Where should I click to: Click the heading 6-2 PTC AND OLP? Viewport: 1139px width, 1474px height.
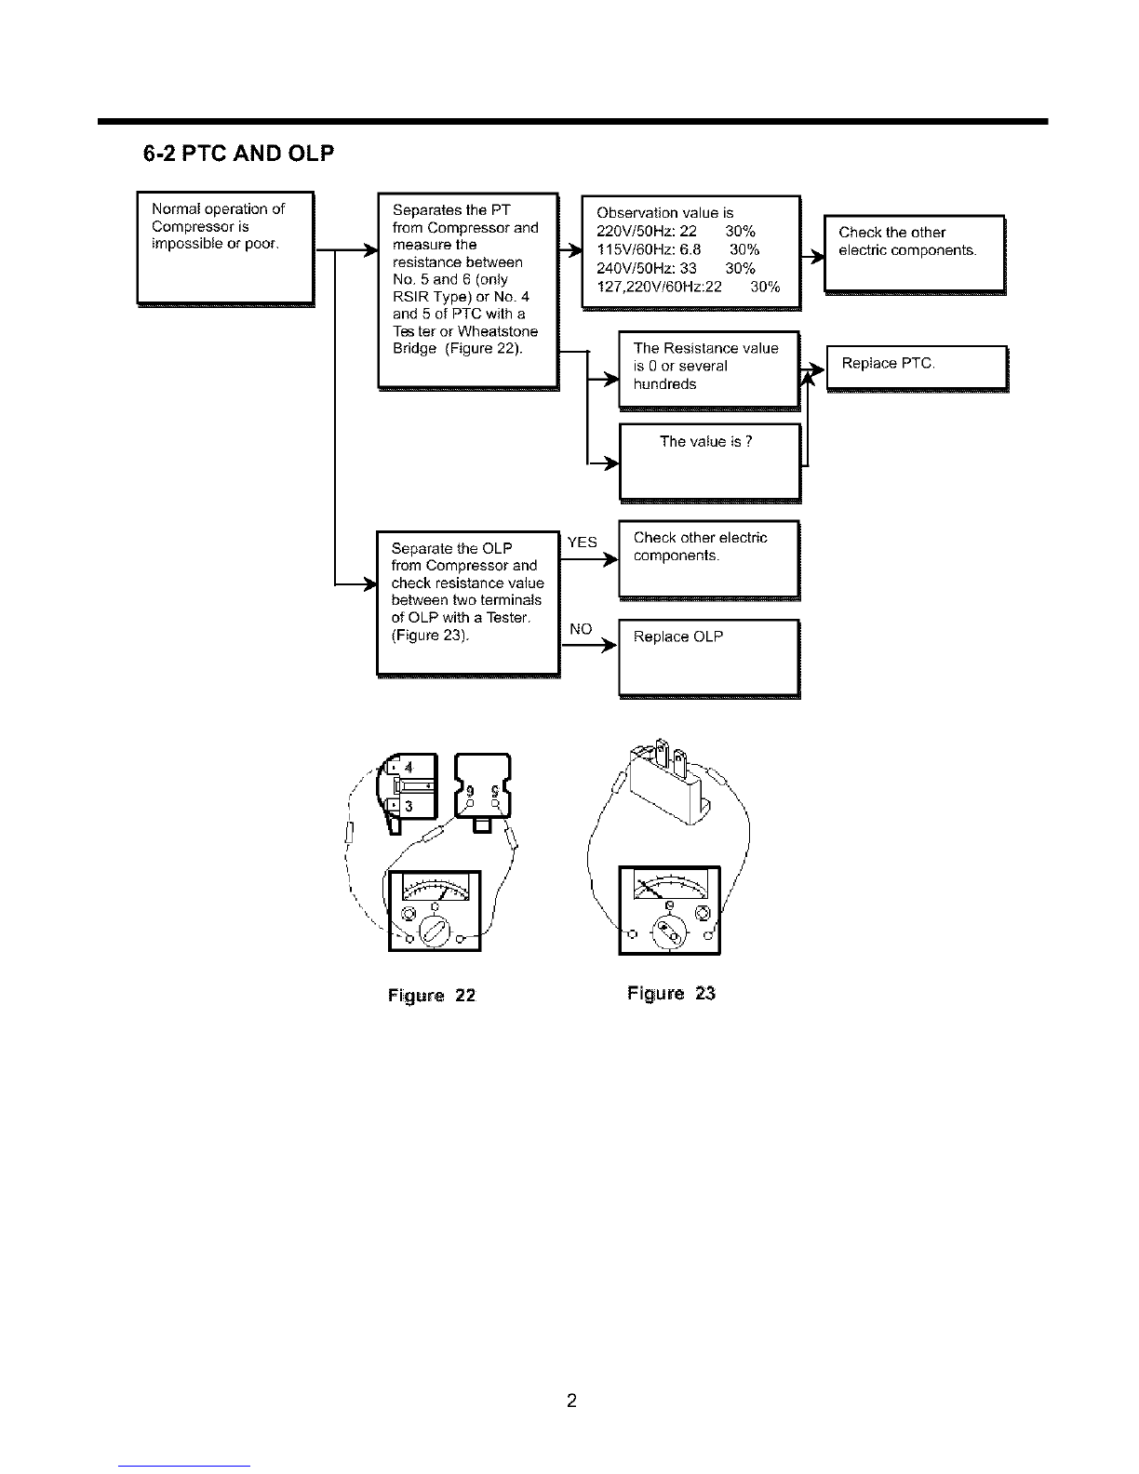click(x=238, y=154)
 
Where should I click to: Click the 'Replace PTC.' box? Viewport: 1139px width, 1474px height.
click(x=918, y=368)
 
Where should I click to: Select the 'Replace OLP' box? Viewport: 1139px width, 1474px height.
click(x=710, y=658)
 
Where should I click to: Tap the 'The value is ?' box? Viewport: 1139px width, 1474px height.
click(x=710, y=463)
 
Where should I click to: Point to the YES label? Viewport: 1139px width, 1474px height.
click(x=582, y=542)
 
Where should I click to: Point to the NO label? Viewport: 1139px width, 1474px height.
click(x=581, y=629)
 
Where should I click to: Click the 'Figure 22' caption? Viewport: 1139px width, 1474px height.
click(x=432, y=995)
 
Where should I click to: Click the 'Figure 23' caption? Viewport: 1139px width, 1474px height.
click(x=671, y=993)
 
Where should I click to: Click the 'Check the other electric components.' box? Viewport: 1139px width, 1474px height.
click(x=915, y=254)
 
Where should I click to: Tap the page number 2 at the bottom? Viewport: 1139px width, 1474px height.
click(x=571, y=1400)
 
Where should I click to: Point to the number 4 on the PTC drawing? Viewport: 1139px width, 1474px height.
click(x=409, y=768)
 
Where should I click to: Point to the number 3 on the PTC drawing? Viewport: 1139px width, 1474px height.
click(x=409, y=807)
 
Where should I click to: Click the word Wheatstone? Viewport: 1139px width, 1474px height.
click(x=498, y=331)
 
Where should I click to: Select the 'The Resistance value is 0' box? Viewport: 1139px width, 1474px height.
click(x=710, y=371)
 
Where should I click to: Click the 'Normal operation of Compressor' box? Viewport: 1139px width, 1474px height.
click(x=226, y=249)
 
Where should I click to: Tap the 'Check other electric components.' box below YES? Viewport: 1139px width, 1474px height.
click(x=710, y=560)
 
